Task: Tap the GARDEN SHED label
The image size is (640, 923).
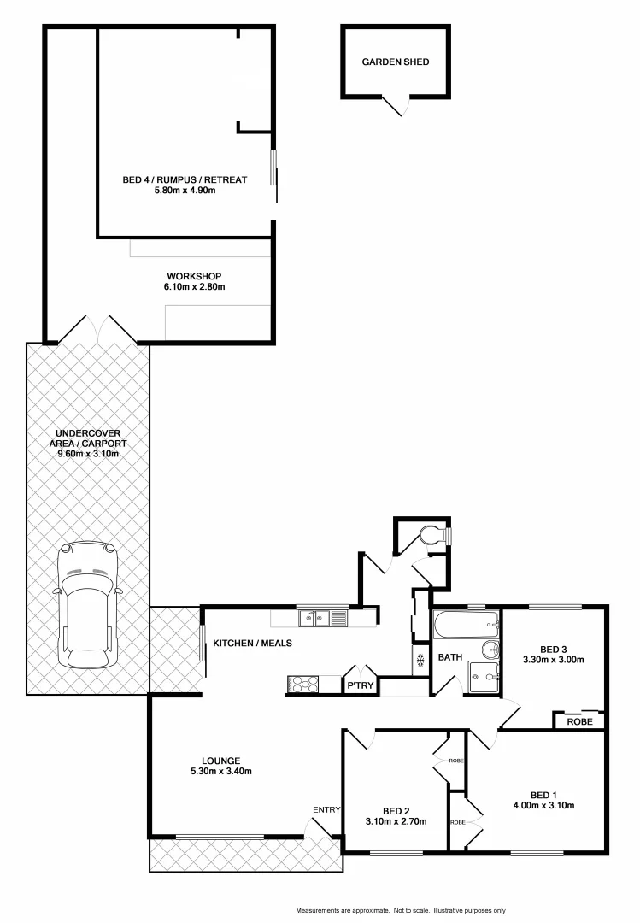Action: [x=395, y=62]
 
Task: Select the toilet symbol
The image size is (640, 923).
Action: [x=436, y=535]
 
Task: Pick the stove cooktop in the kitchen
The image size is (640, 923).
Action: [x=303, y=683]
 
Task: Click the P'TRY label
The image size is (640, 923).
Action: [x=360, y=685]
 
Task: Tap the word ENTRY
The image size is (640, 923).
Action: [x=326, y=809]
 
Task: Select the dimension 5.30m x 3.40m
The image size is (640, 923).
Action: [x=220, y=771]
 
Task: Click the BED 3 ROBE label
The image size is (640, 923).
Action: [x=579, y=722]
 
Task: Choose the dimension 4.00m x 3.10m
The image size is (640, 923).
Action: [x=544, y=804]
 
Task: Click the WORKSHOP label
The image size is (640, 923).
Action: [x=194, y=276]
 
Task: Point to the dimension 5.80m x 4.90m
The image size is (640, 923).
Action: [x=185, y=190]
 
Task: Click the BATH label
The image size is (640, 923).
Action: [x=450, y=658]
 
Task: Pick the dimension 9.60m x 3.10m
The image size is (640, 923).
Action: [x=88, y=454]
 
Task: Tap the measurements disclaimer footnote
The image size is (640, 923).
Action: [x=401, y=910]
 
